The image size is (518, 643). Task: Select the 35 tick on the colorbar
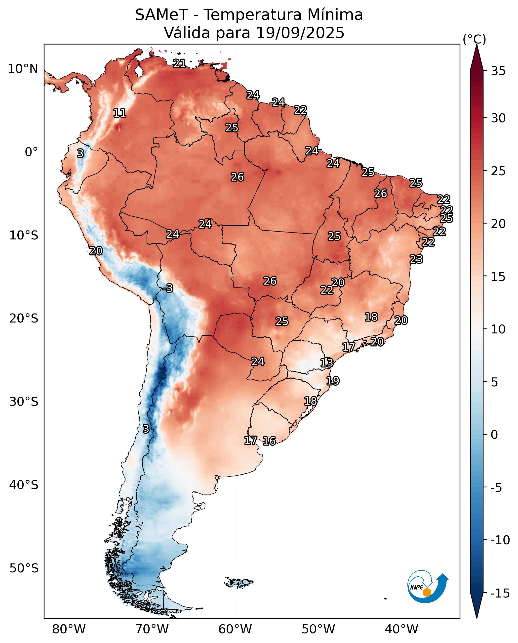[498, 71]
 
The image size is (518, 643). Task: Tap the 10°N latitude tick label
[23, 69]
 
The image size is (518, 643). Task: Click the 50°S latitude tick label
[24, 568]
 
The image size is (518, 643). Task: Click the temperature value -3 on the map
[168, 288]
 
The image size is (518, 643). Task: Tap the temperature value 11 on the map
[120, 113]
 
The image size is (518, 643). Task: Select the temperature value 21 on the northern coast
[179, 63]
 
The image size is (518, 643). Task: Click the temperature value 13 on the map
[327, 363]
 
